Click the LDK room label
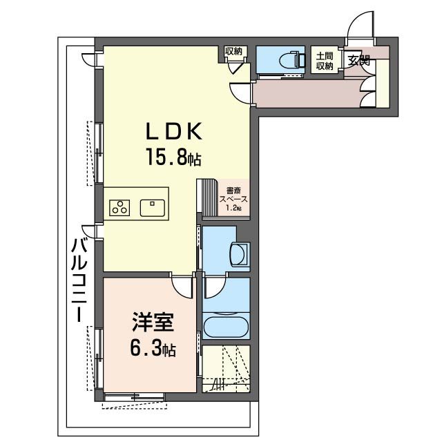[174, 131]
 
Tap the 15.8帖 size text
[173, 157]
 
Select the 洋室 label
[153, 322]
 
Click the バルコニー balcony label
[79, 280]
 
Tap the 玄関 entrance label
[358, 61]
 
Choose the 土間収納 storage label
[325, 61]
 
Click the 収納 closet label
[233, 52]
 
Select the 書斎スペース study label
[233, 195]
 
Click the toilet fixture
[292, 60]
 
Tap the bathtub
[226, 327]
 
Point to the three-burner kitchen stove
[119, 208]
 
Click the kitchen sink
[153, 208]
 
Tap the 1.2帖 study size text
[233, 209]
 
